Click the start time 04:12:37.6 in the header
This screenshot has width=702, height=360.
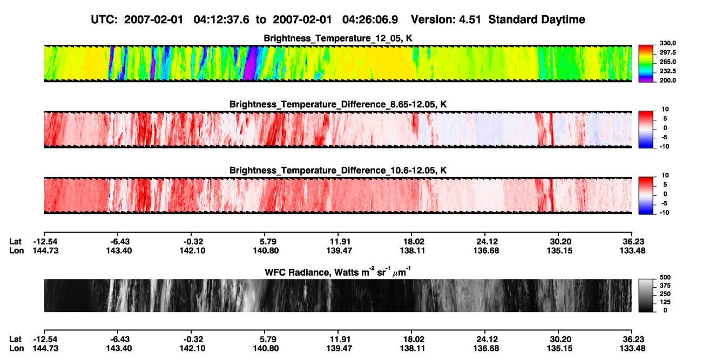[221, 19]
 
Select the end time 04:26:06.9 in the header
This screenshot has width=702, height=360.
[370, 19]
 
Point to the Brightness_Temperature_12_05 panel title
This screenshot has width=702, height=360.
[338, 38]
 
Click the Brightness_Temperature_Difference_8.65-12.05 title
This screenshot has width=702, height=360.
[338, 104]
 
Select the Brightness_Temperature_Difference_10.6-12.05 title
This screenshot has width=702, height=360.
[338, 171]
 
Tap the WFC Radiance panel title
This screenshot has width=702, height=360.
[338, 272]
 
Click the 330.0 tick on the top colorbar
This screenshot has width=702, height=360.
[667, 43]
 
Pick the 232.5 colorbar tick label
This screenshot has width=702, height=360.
[667, 71]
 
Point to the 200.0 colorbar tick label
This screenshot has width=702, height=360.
[667, 80]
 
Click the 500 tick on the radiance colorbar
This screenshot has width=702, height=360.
[665, 277]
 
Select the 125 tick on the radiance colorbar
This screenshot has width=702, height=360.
[665, 302]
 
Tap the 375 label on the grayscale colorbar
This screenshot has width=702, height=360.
[665, 286]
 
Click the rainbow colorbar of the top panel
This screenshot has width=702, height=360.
[646, 63]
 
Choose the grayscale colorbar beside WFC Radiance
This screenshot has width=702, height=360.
[646, 295]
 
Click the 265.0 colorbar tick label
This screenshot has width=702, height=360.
[667, 62]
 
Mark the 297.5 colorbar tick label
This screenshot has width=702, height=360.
[667, 52]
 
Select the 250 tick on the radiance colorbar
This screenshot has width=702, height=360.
[665, 294]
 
